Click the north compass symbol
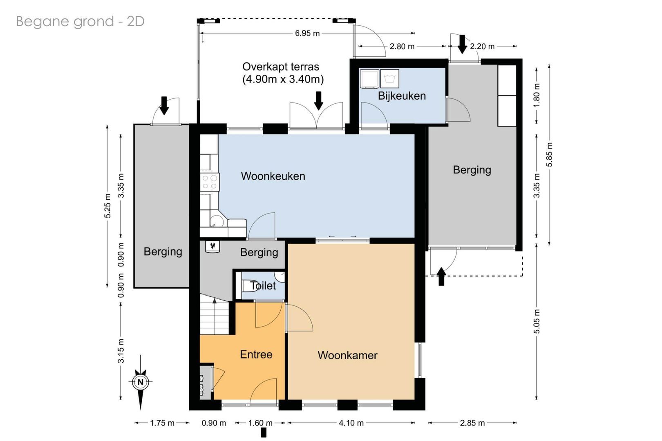click(141, 382)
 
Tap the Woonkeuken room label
click(273, 176)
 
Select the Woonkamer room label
click(347, 355)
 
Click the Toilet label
click(263, 286)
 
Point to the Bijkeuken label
click(402, 96)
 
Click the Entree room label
click(256, 354)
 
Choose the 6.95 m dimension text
click(307, 33)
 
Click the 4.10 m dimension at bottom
click(351, 423)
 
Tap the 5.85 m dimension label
click(549, 154)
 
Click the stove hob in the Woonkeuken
click(210, 182)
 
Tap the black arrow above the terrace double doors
click(319, 100)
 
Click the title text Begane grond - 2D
click(80, 21)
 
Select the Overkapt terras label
click(282, 73)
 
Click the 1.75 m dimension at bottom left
click(162, 423)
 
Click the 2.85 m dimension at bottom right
click(472, 423)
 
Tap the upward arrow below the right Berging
click(441, 277)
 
